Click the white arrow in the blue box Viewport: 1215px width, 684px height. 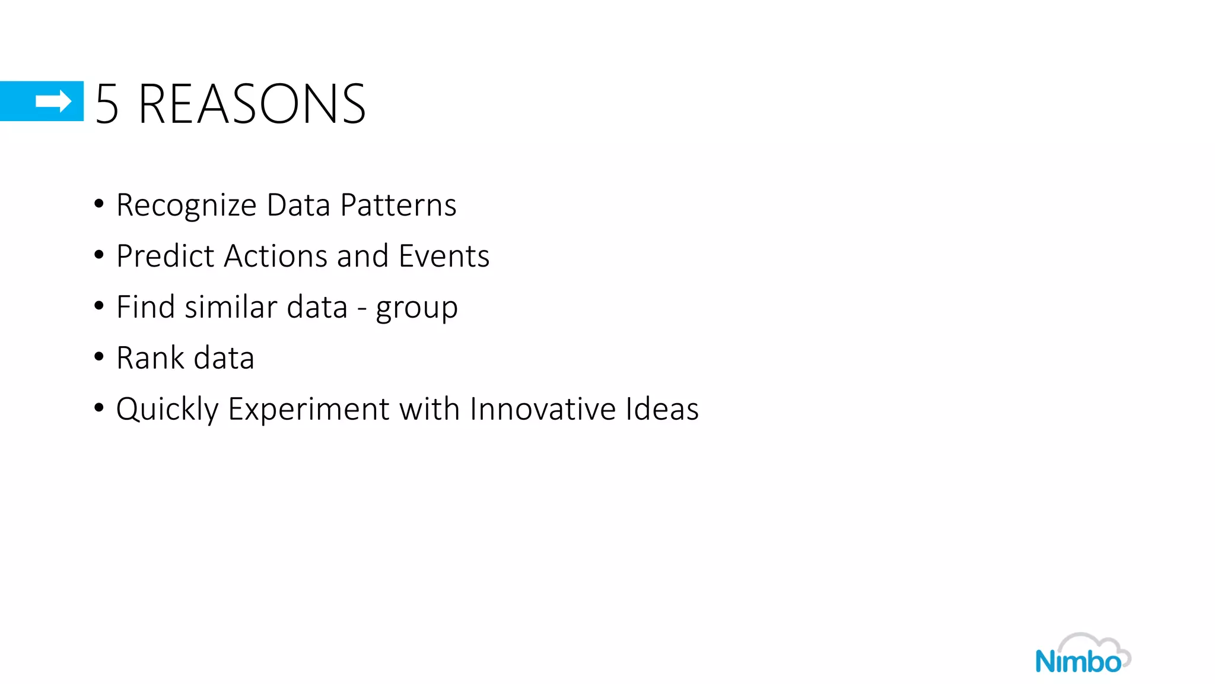[x=53, y=102]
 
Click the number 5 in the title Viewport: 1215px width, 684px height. [x=107, y=104]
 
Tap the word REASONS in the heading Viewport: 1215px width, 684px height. [x=252, y=104]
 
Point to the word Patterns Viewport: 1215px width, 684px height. [x=398, y=205]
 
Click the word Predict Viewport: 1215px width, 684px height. [x=165, y=256]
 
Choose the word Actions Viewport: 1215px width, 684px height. [x=276, y=256]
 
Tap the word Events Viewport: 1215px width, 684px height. [x=444, y=256]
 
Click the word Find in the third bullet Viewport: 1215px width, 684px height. [x=145, y=307]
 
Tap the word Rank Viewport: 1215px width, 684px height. [x=150, y=358]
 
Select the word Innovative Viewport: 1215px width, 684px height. [x=542, y=409]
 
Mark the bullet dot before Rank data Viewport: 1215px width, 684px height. [x=99, y=357]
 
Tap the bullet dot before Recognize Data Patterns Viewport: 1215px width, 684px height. [x=99, y=204]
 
